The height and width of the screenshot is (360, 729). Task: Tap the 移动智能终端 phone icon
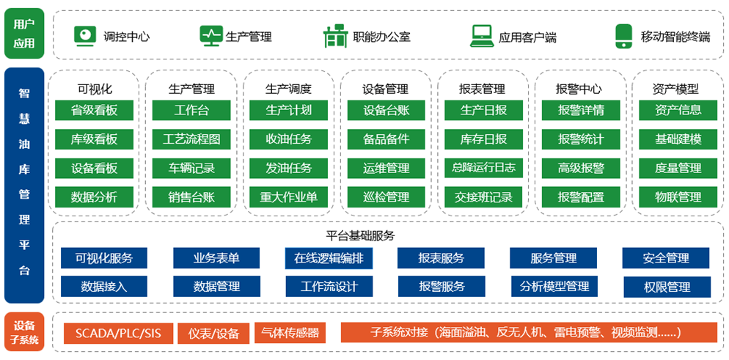click(623, 35)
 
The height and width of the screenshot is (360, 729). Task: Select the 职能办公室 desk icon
click(334, 35)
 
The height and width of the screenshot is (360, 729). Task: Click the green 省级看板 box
click(94, 111)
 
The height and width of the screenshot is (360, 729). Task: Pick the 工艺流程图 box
click(191, 139)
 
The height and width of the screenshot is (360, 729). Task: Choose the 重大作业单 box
click(288, 196)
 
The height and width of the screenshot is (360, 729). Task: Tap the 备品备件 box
click(386, 139)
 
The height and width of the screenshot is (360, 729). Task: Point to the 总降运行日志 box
click(483, 168)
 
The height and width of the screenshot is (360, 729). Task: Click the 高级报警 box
click(580, 168)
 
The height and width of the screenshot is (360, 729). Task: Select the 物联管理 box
click(678, 196)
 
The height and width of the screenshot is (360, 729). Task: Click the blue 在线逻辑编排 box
click(329, 258)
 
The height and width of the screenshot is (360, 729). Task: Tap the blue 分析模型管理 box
click(554, 287)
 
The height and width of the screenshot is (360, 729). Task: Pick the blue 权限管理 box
click(666, 287)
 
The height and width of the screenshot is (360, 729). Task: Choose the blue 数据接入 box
click(103, 287)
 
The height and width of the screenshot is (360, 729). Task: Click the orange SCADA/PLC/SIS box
click(118, 334)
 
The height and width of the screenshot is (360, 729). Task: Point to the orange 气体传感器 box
click(290, 333)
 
